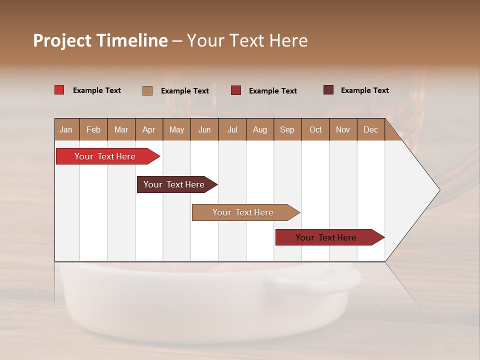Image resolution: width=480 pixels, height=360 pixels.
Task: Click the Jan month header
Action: pyautogui.click(x=66, y=129)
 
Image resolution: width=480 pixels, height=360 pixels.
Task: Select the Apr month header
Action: pyautogui.click(x=148, y=129)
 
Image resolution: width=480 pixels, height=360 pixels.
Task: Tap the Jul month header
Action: pyautogui.click(x=232, y=129)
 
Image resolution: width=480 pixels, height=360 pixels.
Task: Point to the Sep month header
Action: pyautogui.click(x=287, y=129)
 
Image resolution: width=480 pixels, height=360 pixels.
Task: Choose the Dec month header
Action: pyautogui.click(x=370, y=129)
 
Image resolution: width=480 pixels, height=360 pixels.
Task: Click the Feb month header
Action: pyautogui.click(x=93, y=129)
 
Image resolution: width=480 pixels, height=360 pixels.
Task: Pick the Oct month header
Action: pyautogui.click(x=315, y=129)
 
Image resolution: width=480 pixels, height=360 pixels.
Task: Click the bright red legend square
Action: pyautogui.click(x=59, y=90)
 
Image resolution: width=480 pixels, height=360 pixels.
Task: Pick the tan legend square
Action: pyautogui.click(x=147, y=90)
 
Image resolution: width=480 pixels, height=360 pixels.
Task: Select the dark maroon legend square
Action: pyautogui.click(x=328, y=90)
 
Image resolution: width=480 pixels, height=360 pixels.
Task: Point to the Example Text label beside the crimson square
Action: pyautogui.click(x=272, y=91)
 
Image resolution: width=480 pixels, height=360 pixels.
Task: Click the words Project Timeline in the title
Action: pyautogui.click(x=100, y=40)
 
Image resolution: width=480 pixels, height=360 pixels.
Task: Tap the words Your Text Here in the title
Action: pyautogui.click(x=247, y=40)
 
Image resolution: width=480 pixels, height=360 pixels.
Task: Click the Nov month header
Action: pyautogui.click(x=342, y=129)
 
